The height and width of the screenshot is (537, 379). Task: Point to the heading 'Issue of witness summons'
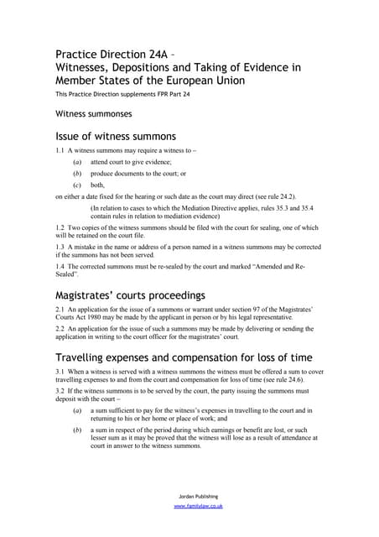point(115,136)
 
